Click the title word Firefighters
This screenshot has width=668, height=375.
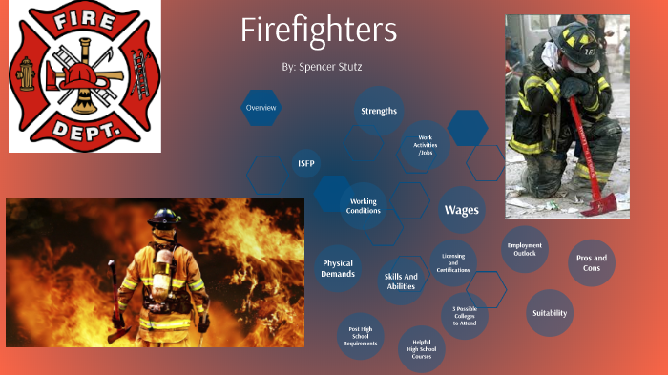[319, 31]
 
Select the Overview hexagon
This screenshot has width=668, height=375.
[261, 108]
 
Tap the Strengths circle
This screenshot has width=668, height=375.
[379, 112]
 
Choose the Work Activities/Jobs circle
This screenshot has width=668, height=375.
[425, 145]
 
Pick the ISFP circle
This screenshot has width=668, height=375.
[305, 164]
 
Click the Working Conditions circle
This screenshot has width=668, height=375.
[364, 206]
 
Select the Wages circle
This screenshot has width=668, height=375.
[462, 209]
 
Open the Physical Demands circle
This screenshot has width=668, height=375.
[339, 268]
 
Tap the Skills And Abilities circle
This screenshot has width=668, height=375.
[400, 281]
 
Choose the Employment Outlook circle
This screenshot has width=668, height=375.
[525, 250]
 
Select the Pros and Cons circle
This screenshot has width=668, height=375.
[592, 262]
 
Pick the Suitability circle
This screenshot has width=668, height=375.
[550, 313]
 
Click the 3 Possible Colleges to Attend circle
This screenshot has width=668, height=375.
[465, 316]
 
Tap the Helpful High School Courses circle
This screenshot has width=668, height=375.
[422, 349]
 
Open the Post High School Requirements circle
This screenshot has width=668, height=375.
[361, 336]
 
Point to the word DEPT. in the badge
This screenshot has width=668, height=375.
[80, 133]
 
